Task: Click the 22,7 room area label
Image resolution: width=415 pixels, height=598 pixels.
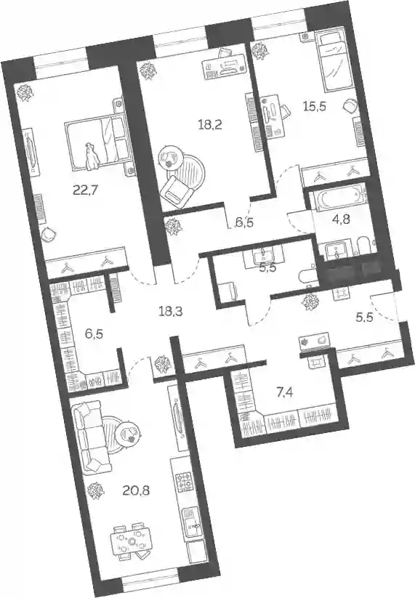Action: [86, 189]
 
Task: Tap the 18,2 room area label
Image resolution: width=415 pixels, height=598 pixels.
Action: [211, 124]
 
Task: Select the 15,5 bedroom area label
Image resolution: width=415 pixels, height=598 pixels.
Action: [314, 106]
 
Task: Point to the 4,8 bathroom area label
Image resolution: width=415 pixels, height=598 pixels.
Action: [342, 219]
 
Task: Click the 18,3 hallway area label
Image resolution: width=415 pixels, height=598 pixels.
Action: [171, 312]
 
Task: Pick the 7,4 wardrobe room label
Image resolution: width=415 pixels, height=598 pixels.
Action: [284, 392]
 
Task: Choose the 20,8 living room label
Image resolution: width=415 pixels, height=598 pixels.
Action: [136, 490]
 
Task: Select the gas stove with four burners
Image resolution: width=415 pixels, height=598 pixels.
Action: [183, 482]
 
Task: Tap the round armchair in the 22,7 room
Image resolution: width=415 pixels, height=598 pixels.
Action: [48, 234]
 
